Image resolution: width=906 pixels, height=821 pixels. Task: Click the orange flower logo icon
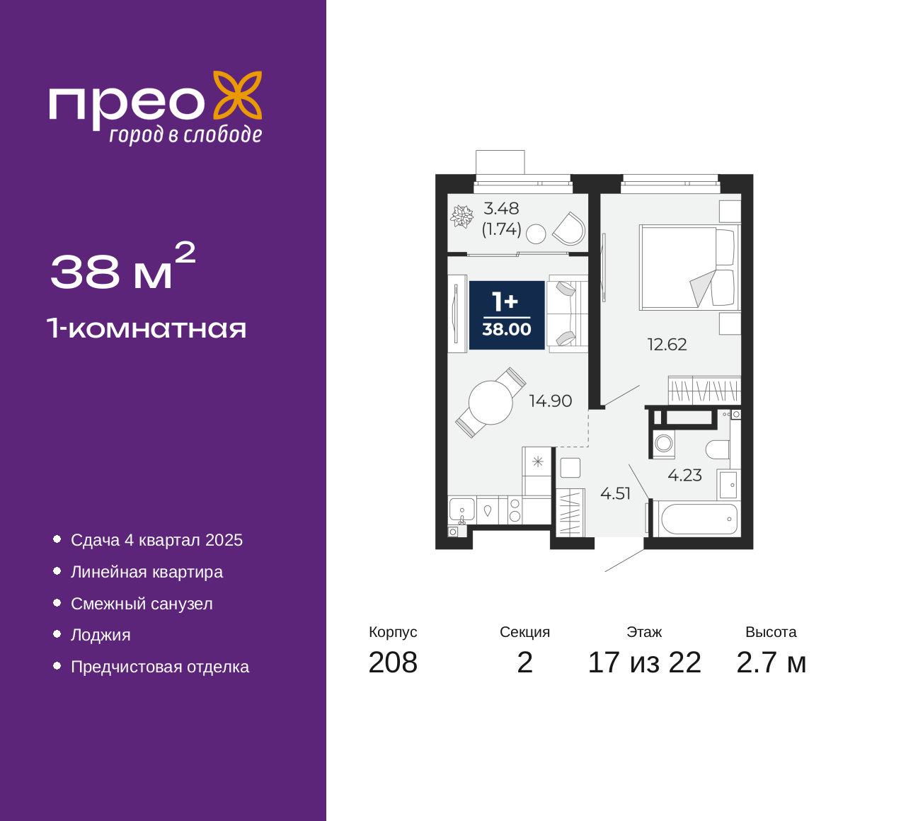pyautogui.click(x=238, y=95)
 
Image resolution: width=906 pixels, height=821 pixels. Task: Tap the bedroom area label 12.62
pyautogui.click(x=667, y=345)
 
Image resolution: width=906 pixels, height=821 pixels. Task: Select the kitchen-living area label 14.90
pyautogui.click(x=551, y=401)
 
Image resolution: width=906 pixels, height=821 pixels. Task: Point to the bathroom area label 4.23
pyautogui.click(x=684, y=475)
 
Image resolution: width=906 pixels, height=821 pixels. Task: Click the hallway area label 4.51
pyautogui.click(x=615, y=493)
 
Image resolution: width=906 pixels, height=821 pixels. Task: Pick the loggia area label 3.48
pyautogui.click(x=501, y=208)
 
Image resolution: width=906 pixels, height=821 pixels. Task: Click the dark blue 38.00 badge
pyautogui.click(x=507, y=315)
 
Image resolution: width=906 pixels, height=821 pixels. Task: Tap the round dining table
pyautogui.click(x=491, y=403)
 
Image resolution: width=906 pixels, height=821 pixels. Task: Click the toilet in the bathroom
pyautogui.click(x=718, y=449)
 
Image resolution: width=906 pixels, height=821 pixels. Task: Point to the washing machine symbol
pyautogui.click(x=663, y=443)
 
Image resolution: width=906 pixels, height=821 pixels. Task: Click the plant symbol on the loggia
pyautogui.click(x=461, y=217)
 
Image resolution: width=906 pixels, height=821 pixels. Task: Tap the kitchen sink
pyautogui.click(x=462, y=510)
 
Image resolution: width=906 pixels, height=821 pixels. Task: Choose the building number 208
pyautogui.click(x=393, y=663)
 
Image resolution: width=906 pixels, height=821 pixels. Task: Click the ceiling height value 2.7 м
pyautogui.click(x=771, y=663)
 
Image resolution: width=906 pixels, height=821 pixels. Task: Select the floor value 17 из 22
pyautogui.click(x=645, y=663)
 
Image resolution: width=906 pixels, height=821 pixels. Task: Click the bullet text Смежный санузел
pyautogui.click(x=142, y=604)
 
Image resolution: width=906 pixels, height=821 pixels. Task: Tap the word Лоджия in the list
pyautogui.click(x=101, y=636)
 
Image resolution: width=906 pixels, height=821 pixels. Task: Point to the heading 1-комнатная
pyautogui.click(x=147, y=328)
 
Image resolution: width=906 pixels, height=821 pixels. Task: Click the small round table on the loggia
pyautogui.click(x=536, y=234)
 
